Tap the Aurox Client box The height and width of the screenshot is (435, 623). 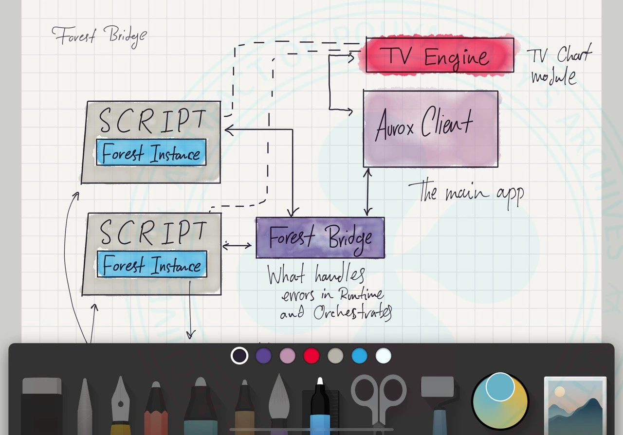(x=430, y=128)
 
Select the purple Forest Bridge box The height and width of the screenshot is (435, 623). (x=320, y=237)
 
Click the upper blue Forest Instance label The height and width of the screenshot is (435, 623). (x=151, y=152)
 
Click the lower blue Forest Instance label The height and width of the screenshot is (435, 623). (x=151, y=265)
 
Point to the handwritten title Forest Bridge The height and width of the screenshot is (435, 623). (x=99, y=37)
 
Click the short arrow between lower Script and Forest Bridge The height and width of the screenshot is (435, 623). (x=237, y=245)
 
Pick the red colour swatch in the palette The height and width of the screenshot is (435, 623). (x=311, y=356)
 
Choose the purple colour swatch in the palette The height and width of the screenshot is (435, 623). (x=263, y=356)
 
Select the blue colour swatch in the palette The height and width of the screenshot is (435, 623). (x=359, y=356)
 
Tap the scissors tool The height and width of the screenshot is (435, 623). (x=379, y=397)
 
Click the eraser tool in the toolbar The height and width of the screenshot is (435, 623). (x=42, y=404)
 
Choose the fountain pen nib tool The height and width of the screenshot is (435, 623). (x=120, y=404)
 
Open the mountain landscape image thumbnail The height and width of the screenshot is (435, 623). (x=575, y=404)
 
